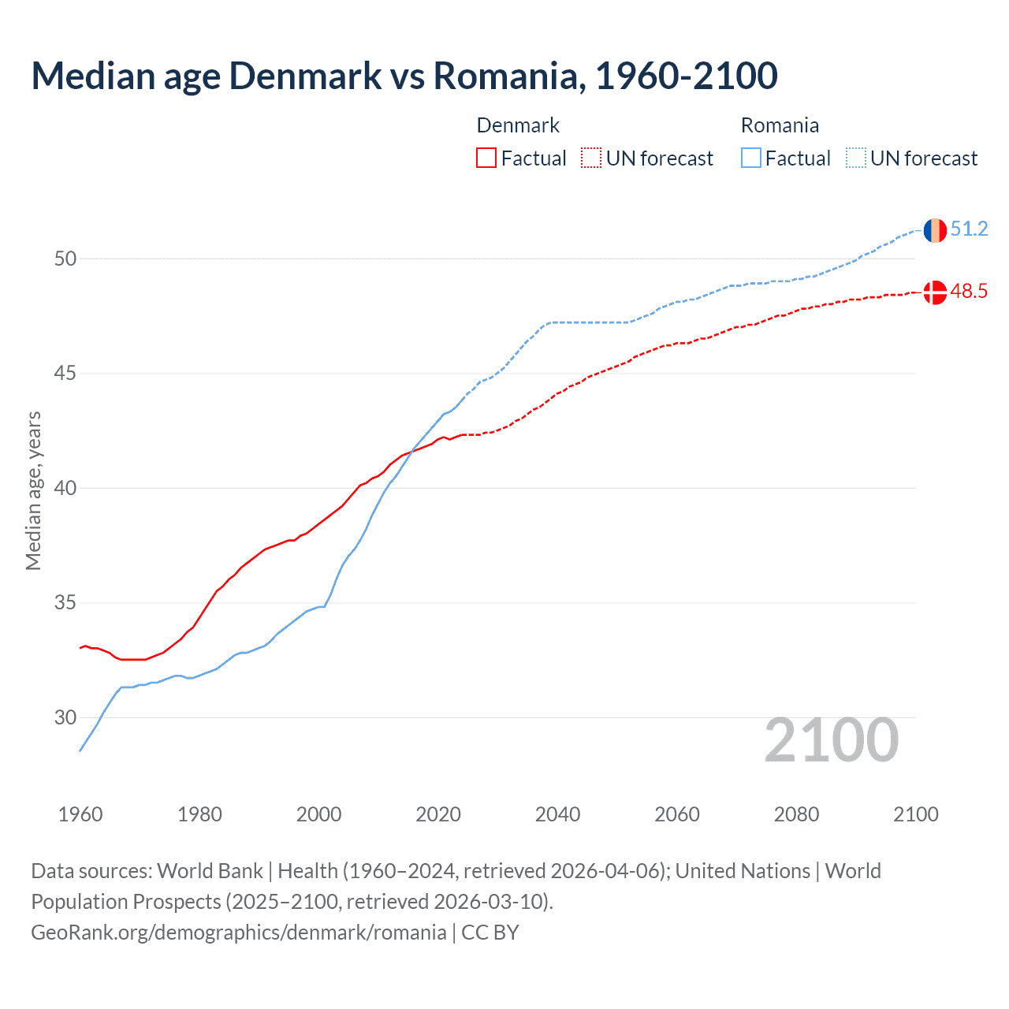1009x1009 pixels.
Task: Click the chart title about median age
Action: click(x=404, y=76)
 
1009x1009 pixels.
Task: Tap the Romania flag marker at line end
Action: click(x=935, y=230)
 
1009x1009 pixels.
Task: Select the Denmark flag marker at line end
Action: click(x=935, y=292)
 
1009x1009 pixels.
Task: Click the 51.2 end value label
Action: click(x=969, y=229)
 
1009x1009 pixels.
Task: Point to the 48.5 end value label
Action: click(x=969, y=292)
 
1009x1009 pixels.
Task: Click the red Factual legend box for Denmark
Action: click(x=486, y=158)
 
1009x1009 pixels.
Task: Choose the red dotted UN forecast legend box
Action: click(x=591, y=158)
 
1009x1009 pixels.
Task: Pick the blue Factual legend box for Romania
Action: click(x=751, y=158)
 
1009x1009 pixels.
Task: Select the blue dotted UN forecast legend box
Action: click(x=856, y=158)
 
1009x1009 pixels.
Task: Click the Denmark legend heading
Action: click(x=518, y=125)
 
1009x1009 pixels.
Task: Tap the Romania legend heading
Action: click(x=780, y=125)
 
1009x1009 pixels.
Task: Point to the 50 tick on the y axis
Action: click(x=65, y=259)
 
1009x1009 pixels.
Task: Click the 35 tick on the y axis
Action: click(x=65, y=603)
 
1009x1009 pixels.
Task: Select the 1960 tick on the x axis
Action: click(x=80, y=814)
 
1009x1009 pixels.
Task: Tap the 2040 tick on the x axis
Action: click(x=557, y=814)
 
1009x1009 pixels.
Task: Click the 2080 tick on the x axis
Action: click(x=796, y=814)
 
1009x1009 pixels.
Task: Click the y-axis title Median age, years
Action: click(x=33, y=490)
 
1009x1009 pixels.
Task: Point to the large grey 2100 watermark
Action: click(x=831, y=740)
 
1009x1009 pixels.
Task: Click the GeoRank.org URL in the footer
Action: click(x=239, y=933)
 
